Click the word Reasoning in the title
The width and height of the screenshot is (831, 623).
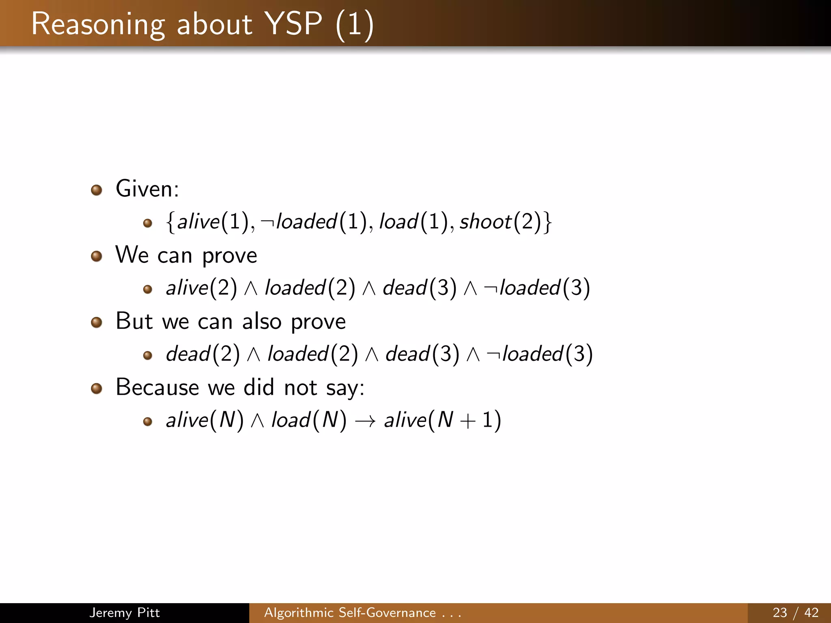tap(98, 24)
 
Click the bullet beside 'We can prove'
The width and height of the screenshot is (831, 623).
tap(97, 256)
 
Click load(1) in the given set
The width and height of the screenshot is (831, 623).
tap(413, 222)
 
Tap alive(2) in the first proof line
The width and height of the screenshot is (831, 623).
tap(201, 288)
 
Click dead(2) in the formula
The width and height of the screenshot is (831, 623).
tap(203, 354)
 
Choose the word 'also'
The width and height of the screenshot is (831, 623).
tap(262, 322)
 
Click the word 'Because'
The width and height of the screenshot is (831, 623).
tap(157, 387)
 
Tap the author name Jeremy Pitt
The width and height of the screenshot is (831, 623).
tap(124, 612)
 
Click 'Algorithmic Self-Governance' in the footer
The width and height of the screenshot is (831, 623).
tap(350, 612)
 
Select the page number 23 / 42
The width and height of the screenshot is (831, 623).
tap(795, 612)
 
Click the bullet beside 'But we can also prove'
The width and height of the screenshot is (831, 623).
tap(97, 322)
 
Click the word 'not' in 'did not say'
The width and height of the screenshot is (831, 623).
tap(300, 387)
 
